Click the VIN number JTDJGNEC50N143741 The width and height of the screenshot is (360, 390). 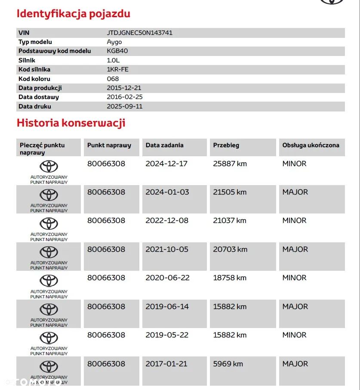pos(139,33)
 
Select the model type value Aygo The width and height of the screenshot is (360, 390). pos(114,42)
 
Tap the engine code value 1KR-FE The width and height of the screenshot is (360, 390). pos(117,69)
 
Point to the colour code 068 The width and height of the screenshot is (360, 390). pos(113,79)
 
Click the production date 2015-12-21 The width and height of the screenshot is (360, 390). pos(124,88)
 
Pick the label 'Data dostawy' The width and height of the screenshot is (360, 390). pos(39,97)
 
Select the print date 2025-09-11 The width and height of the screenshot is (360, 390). pos(124,106)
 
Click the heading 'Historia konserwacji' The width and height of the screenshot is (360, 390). pos(71,123)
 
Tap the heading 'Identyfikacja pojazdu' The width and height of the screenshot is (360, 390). pos(73,14)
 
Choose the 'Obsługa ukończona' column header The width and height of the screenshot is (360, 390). pos(311,145)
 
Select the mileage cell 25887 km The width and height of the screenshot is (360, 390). pos(230,164)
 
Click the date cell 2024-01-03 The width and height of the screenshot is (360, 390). pos(167,192)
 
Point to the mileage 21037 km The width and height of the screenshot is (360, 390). pos(230,220)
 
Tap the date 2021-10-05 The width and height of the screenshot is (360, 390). pos(167,249)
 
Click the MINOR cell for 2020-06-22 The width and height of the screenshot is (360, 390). pos(294,278)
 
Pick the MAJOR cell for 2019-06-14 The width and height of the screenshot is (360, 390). pos(295,306)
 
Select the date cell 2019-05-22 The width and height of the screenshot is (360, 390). pos(167,335)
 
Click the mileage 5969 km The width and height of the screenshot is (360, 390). pos(228,364)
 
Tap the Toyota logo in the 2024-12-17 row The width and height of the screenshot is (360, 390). pos(49,167)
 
